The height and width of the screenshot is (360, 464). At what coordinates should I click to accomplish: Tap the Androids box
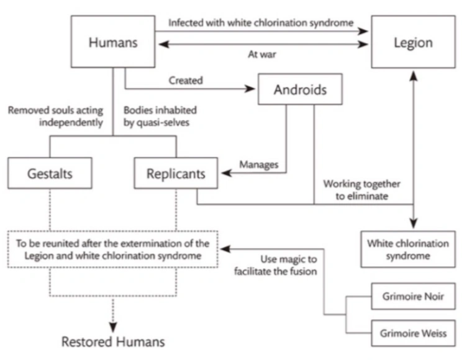(x=300, y=91)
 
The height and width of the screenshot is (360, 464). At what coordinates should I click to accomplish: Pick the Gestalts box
(x=50, y=173)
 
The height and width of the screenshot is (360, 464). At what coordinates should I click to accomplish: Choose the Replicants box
(x=176, y=173)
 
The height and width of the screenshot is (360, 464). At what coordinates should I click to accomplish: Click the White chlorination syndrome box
(x=407, y=249)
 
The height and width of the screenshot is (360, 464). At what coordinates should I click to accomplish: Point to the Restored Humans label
(x=113, y=341)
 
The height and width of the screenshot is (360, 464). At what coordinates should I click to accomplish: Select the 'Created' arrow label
(x=185, y=81)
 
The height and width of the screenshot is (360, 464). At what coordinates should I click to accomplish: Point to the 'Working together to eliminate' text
(x=362, y=190)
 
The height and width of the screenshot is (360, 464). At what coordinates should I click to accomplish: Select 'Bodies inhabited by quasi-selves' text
(x=160, y=116)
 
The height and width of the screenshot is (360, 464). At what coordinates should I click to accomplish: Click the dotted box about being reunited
(x=112, y=249)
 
